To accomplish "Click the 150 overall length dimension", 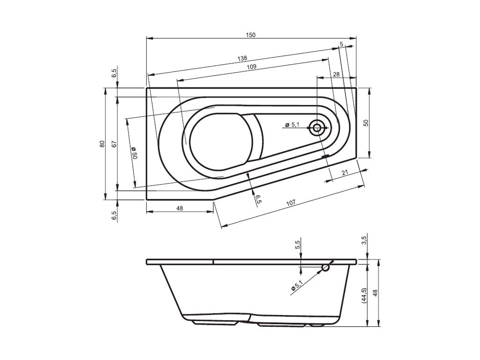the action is (250, 35).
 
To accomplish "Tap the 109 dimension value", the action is (252, 67).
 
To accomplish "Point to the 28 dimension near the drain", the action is (336, 75).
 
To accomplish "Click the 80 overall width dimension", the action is (102, 143).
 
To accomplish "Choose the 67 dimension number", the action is (114, 144).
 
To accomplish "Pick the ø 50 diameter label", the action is (135, 152).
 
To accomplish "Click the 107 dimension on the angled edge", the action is (291, 202).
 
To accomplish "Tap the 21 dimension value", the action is (345, 172).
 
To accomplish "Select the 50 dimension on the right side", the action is (366, 123).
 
